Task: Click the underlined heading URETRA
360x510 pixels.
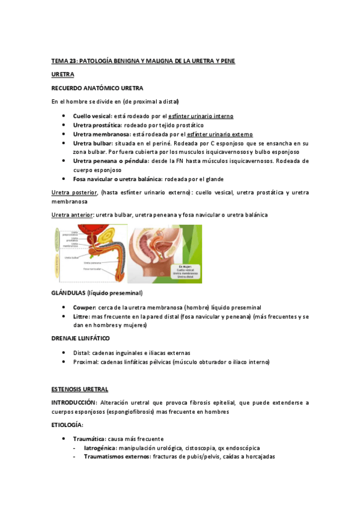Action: click(63, 75)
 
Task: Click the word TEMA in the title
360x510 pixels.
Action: click(59, 61)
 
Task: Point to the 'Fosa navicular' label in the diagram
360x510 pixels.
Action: click(93, 269)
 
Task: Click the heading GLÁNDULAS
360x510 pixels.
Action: click(68, 293)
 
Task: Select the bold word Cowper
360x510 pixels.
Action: click(85, 306)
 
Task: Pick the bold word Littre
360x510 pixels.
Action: click(81, 316)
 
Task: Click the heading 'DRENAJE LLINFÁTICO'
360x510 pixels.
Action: click(80, 339)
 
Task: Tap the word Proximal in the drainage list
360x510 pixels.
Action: click(87, 361)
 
